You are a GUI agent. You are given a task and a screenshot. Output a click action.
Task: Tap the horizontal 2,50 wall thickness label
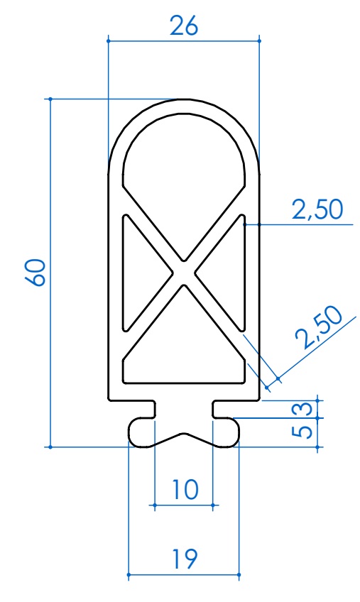[x=317, y=209]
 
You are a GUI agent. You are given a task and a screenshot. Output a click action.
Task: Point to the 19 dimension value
[x=184, y=558]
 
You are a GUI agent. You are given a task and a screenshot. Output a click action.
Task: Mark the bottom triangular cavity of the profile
[x=184, y=348]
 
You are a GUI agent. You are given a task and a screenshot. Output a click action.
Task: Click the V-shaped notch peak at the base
[x=184, y=434]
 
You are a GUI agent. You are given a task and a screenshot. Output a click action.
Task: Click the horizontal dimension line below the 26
[x=183, y=41]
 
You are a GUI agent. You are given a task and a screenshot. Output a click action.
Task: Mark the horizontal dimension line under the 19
[x=183, y=574]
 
